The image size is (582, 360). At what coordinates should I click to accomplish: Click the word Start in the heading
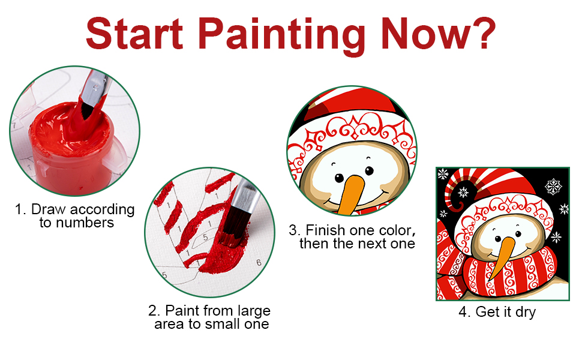click(134, 34)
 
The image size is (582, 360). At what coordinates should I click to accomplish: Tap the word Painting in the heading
click(282, 35)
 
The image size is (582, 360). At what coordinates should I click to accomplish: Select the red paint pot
click(71, 145)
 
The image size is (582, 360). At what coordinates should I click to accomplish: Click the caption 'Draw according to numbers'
click(74, 215)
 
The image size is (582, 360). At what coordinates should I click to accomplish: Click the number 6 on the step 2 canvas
click(259, 263)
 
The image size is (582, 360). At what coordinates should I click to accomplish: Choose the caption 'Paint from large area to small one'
click(210, 317)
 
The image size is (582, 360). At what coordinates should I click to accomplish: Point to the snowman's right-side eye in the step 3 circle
click(370, 171)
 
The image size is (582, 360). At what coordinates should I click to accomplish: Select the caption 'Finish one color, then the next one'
click(352, 237)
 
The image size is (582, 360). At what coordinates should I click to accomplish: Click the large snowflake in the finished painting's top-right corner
click(553, 186)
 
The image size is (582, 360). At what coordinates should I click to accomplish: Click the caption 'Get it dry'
click(497, 312)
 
